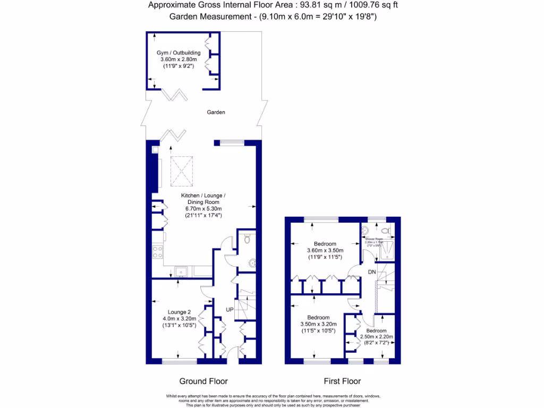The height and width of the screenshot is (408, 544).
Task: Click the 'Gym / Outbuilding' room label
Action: pos(178,53)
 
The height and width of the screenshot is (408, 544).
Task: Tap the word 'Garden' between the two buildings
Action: pos(216,113)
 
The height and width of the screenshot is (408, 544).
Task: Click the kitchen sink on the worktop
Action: pos(181,271)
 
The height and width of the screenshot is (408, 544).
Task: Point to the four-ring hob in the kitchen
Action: pos(157,251)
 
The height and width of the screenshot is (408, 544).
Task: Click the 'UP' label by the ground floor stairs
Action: pos(230,309)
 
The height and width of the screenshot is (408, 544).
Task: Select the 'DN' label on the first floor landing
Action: pos(372,272)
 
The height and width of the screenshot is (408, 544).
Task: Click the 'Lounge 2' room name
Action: pos(179,312)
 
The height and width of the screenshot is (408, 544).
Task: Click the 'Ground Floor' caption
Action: pos(203,381)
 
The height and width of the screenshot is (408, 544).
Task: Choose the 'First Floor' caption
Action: pos(342,381)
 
